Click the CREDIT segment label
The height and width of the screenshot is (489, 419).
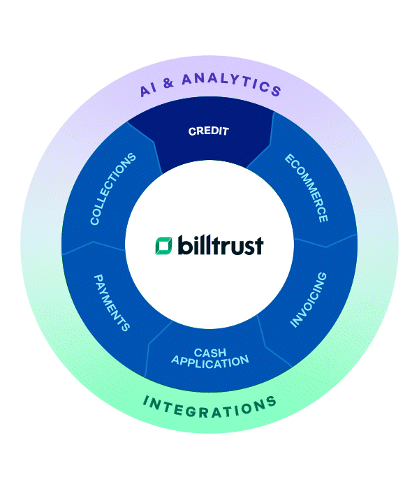pos(209,131)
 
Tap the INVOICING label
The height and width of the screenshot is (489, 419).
pos(309,300)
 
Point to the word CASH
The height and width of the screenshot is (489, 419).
pos(209,351)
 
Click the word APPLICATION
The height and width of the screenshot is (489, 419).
pos(209,361)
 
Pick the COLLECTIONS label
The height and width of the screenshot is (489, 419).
pos(112,189)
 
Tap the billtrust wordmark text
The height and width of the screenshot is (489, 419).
pos(220,245)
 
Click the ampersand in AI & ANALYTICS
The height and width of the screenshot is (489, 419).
pos(168,84)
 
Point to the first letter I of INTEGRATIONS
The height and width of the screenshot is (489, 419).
pos(147,400)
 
